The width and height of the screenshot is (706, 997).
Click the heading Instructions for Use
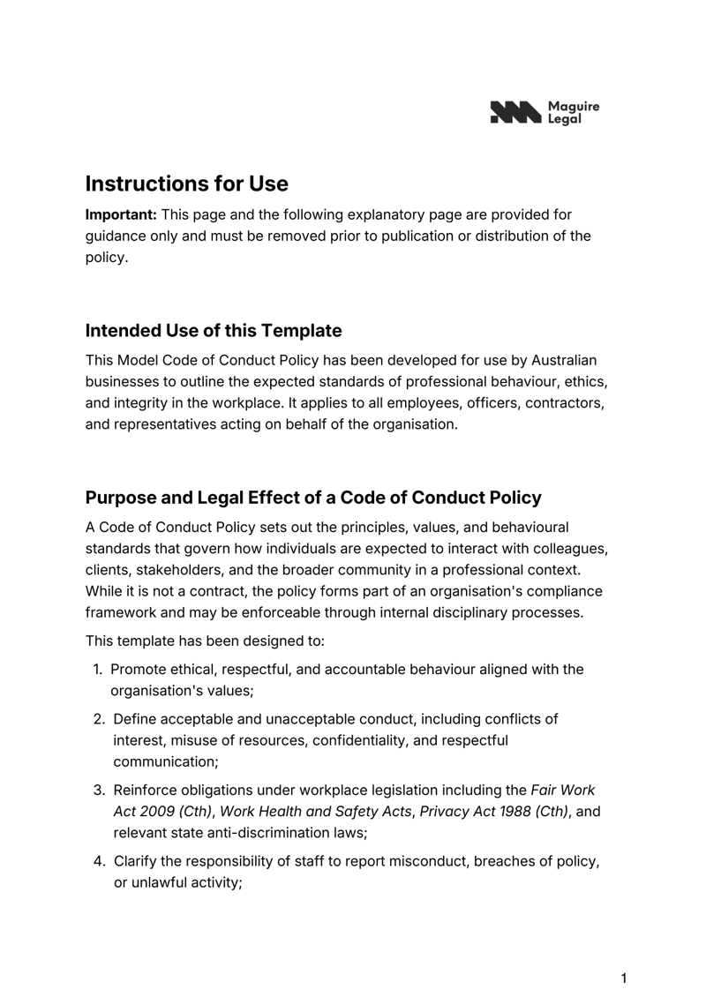(x=186, y=184)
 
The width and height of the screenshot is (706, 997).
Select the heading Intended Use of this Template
(x=213, y=331)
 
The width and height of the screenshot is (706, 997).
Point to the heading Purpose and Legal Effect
(x=313, y=497)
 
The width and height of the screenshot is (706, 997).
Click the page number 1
(x=624, y=978)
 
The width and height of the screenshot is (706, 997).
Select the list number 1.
(x=99, y=670)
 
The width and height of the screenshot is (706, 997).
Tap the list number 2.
(x=100, y=719)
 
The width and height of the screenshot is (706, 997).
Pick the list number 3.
(x=100, y=790)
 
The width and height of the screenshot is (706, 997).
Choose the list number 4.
(x=100, y=860)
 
